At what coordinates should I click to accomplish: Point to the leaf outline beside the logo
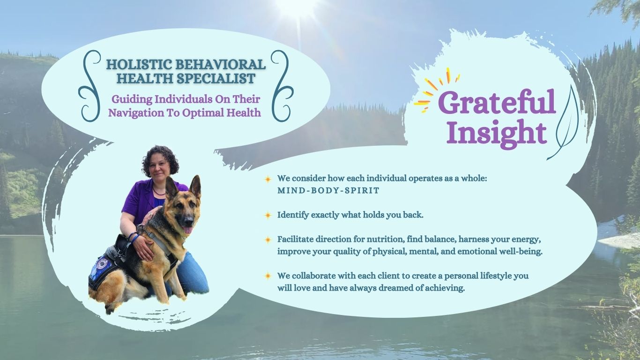coord(567,123)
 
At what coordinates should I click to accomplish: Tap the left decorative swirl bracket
coord(90,86)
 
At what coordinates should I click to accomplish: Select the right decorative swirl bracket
coord(282,86)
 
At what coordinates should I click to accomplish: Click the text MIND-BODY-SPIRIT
coord(328,190)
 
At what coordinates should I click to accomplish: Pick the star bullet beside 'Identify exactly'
coord(268,215)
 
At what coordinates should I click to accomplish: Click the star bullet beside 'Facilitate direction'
coord(268,240)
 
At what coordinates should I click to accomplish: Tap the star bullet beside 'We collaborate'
coord(268,276)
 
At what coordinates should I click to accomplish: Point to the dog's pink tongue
coord(187,230)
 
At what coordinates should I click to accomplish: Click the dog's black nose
coord(189,220)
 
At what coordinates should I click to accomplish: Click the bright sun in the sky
coord(297,6)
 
